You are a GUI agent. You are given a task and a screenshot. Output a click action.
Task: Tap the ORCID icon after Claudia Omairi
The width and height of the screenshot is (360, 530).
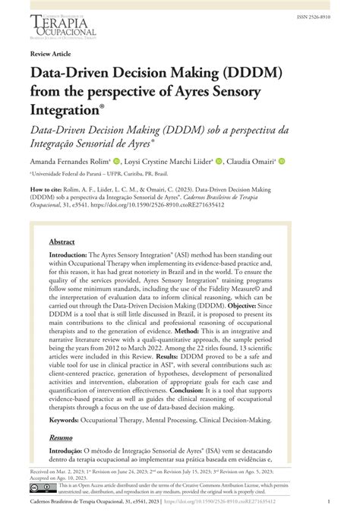tap(282, 162)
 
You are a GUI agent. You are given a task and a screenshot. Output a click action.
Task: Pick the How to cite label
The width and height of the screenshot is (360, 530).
tap(46, 190)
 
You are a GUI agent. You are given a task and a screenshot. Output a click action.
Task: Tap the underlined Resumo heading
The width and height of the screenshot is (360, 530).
tap(61, 459)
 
